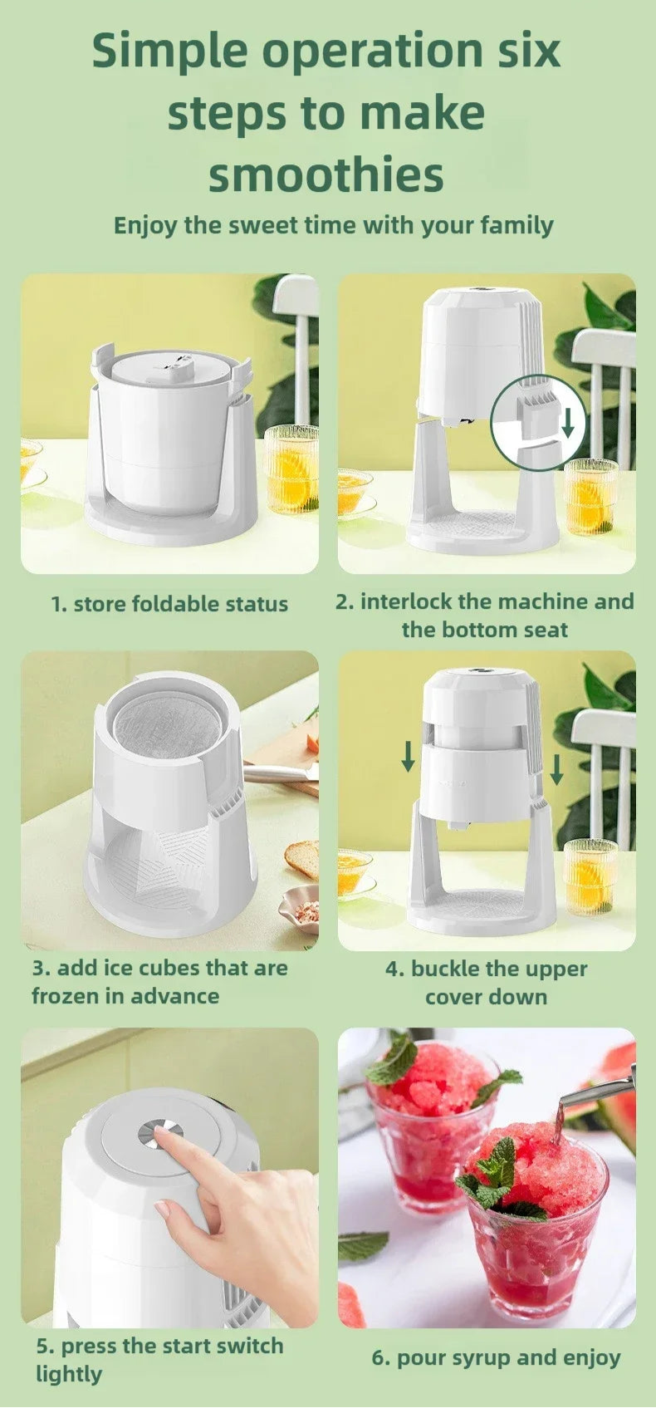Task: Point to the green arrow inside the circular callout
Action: tap(568, 422)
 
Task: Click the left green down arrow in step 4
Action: tap(409, 756)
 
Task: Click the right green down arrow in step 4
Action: tap(556, 768)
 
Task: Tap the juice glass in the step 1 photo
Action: tap(291, 468)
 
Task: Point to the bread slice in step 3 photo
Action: tap(301, 861)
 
